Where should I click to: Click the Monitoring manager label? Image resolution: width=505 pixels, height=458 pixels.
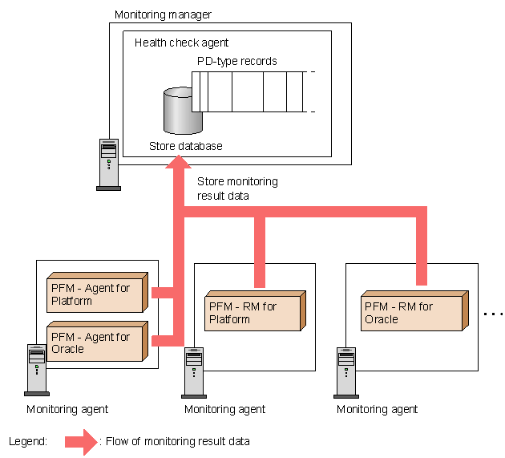coord(164,14)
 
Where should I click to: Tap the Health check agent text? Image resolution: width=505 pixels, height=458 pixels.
coord(182,43)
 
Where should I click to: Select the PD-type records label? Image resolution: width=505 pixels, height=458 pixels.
coord(237,61)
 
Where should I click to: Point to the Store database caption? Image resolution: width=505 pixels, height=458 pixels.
coord(186,146)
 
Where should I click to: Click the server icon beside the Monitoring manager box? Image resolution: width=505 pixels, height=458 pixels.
coord(108,164)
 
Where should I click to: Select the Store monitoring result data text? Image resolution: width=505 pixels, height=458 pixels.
coord(237,188)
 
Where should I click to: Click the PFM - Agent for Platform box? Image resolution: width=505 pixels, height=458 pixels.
coord(95,295)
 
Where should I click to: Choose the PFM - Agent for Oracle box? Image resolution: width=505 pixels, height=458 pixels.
coord(95,343)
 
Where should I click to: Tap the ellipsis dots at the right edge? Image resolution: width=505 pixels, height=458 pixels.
coord(492,314)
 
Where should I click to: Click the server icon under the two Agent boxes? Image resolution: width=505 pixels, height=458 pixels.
coord(37,369)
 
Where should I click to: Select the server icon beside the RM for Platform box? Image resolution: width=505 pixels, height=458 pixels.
coord(194,371)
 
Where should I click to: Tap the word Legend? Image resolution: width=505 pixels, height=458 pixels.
coord(28,441)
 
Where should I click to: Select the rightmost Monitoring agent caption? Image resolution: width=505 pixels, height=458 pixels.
coord(377,409)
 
